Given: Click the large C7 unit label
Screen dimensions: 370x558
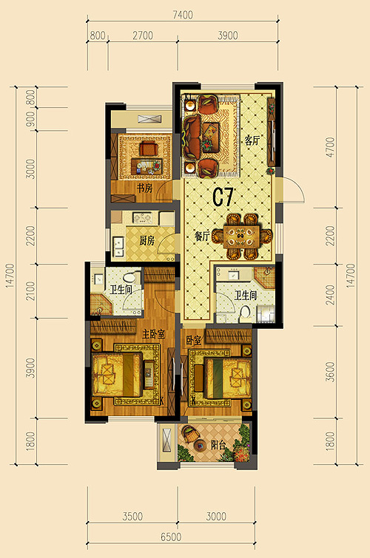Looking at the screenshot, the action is [223, 197].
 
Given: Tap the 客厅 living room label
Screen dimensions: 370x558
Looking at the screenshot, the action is [252, 141].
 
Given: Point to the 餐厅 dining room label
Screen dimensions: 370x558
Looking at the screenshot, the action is [202, 236].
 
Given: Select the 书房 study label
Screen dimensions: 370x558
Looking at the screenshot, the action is [145, 188].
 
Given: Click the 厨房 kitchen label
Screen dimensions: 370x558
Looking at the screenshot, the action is [147, 240].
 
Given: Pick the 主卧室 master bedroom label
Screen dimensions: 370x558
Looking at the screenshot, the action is [154, 334].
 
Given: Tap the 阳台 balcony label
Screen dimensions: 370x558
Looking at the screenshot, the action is [218, 445].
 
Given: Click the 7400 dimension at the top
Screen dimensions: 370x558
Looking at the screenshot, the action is [183, 15].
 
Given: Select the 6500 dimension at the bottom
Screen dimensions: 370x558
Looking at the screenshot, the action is [171, 537].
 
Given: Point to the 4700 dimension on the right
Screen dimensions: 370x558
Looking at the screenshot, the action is [331, 147].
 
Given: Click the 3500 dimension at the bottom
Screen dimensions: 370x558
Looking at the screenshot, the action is [132, 517].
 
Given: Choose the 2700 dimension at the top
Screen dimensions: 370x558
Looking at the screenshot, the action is [143, 35].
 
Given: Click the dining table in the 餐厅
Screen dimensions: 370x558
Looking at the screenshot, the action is [242, 236].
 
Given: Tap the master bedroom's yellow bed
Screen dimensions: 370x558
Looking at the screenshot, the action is [117, 375].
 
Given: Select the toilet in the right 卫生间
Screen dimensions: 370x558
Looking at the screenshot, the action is [245, 313].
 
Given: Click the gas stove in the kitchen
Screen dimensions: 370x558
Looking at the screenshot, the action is [142, 218].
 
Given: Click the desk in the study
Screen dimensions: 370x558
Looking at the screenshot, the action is [146, 165].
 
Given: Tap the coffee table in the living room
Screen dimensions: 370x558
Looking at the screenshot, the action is [210, 137].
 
